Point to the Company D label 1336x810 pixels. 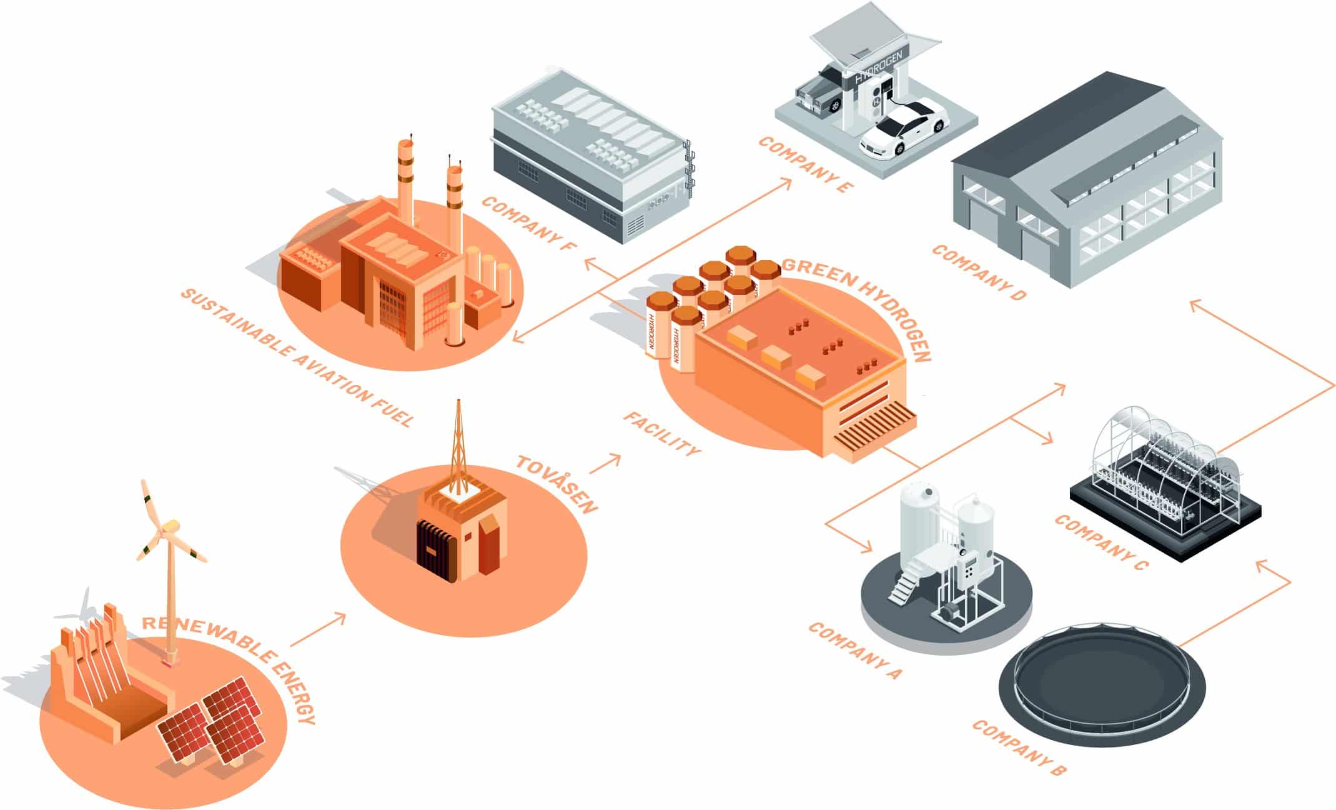tap(979, 272)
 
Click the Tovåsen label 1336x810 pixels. tap(557, 484)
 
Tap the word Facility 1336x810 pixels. tap(662, 434)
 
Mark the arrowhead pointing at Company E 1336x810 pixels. tap(786, 184)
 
